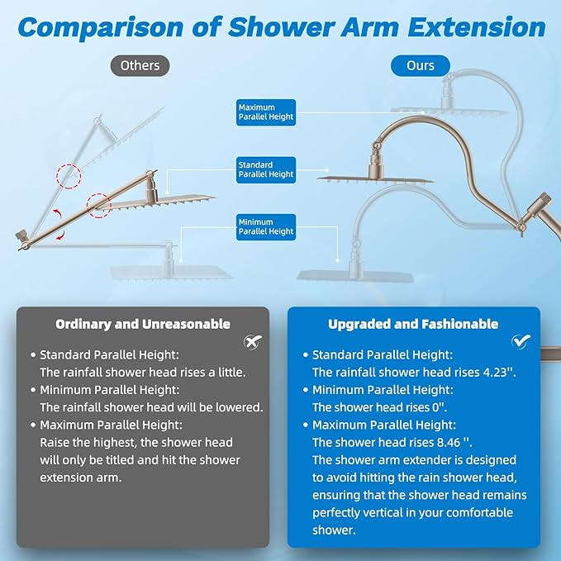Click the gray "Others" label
click(x=140, y=64)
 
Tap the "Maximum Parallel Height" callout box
click(x=266, y=112)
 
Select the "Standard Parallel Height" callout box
click(x=266, y=170)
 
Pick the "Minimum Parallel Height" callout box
click(x=266, y=226)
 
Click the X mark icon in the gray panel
click(x=251, y=341)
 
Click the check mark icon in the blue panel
click(x=521, y=340)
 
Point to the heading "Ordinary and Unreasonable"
click(x=143, y=324)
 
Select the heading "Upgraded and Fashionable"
click(x=413, y=324)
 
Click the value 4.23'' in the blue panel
click(x=498, y=373)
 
